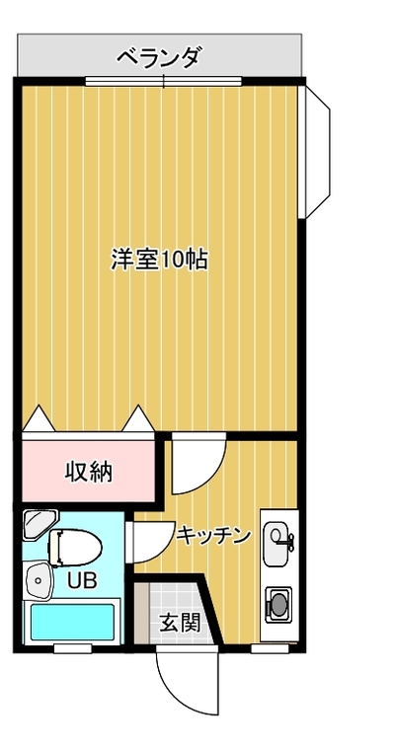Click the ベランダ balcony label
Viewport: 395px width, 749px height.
click(158, 58)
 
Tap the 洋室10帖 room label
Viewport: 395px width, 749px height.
click(159, 260)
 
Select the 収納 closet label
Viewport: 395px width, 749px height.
click(89, 472)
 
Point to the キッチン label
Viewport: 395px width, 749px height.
click(213, 536)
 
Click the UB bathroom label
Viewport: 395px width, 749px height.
click(82, 580)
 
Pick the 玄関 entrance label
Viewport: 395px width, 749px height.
click(180, 622)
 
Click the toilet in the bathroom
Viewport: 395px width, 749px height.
click(75, 548)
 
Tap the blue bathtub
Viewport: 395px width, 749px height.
click(73, 622)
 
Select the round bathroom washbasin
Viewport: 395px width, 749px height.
click(38, 579)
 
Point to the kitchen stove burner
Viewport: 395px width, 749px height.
click(277, 604)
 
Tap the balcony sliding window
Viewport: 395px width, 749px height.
click(164, 81)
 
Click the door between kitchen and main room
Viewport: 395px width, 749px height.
click(198, 464)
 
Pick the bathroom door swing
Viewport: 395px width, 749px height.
click(150, 542)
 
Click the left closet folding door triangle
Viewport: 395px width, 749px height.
click(39, 419)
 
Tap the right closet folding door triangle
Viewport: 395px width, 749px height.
click(138, 419)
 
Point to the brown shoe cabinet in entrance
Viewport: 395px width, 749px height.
click(141, 613)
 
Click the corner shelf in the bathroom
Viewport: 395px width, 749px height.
click(39, 524)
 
